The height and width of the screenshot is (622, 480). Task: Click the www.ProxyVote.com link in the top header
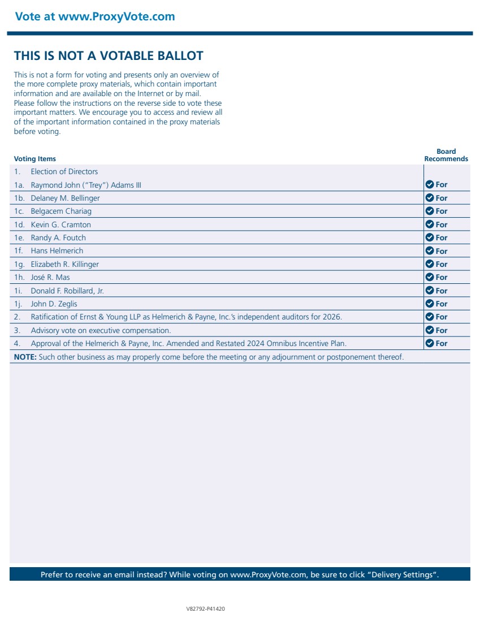tap(116, 16)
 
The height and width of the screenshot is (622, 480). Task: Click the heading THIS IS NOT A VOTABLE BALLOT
tap(109, 55)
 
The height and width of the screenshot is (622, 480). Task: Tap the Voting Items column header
tap(35, 159)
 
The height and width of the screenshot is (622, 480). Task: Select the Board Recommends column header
tap(446, 155)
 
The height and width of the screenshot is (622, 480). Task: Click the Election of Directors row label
tap(64, 171)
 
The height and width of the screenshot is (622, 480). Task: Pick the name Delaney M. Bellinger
tap(65, 198)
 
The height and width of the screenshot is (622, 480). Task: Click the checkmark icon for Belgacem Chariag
tap(430, 211)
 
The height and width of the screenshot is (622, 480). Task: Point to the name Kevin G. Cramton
tap(60, 224)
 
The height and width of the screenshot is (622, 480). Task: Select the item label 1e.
tap(19, 237)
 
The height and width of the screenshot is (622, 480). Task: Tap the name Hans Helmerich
tap(57, 250)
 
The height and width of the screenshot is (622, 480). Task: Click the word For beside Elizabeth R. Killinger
tap(442, 264)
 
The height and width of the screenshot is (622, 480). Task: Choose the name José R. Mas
tap(50, 277)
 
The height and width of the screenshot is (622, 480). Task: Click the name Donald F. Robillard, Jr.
tap(67, 291)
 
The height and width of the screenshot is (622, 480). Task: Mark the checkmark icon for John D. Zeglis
tap(430, 304)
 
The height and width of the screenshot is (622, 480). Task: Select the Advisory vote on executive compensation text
tap(101, 330)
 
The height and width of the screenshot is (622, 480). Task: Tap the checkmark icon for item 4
tap(430, 343)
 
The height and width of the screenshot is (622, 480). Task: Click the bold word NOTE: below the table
tap(25, 357)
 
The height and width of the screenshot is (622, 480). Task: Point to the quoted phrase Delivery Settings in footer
tap(403, 575)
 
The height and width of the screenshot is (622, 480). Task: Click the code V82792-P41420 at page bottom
tap(206, 609)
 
